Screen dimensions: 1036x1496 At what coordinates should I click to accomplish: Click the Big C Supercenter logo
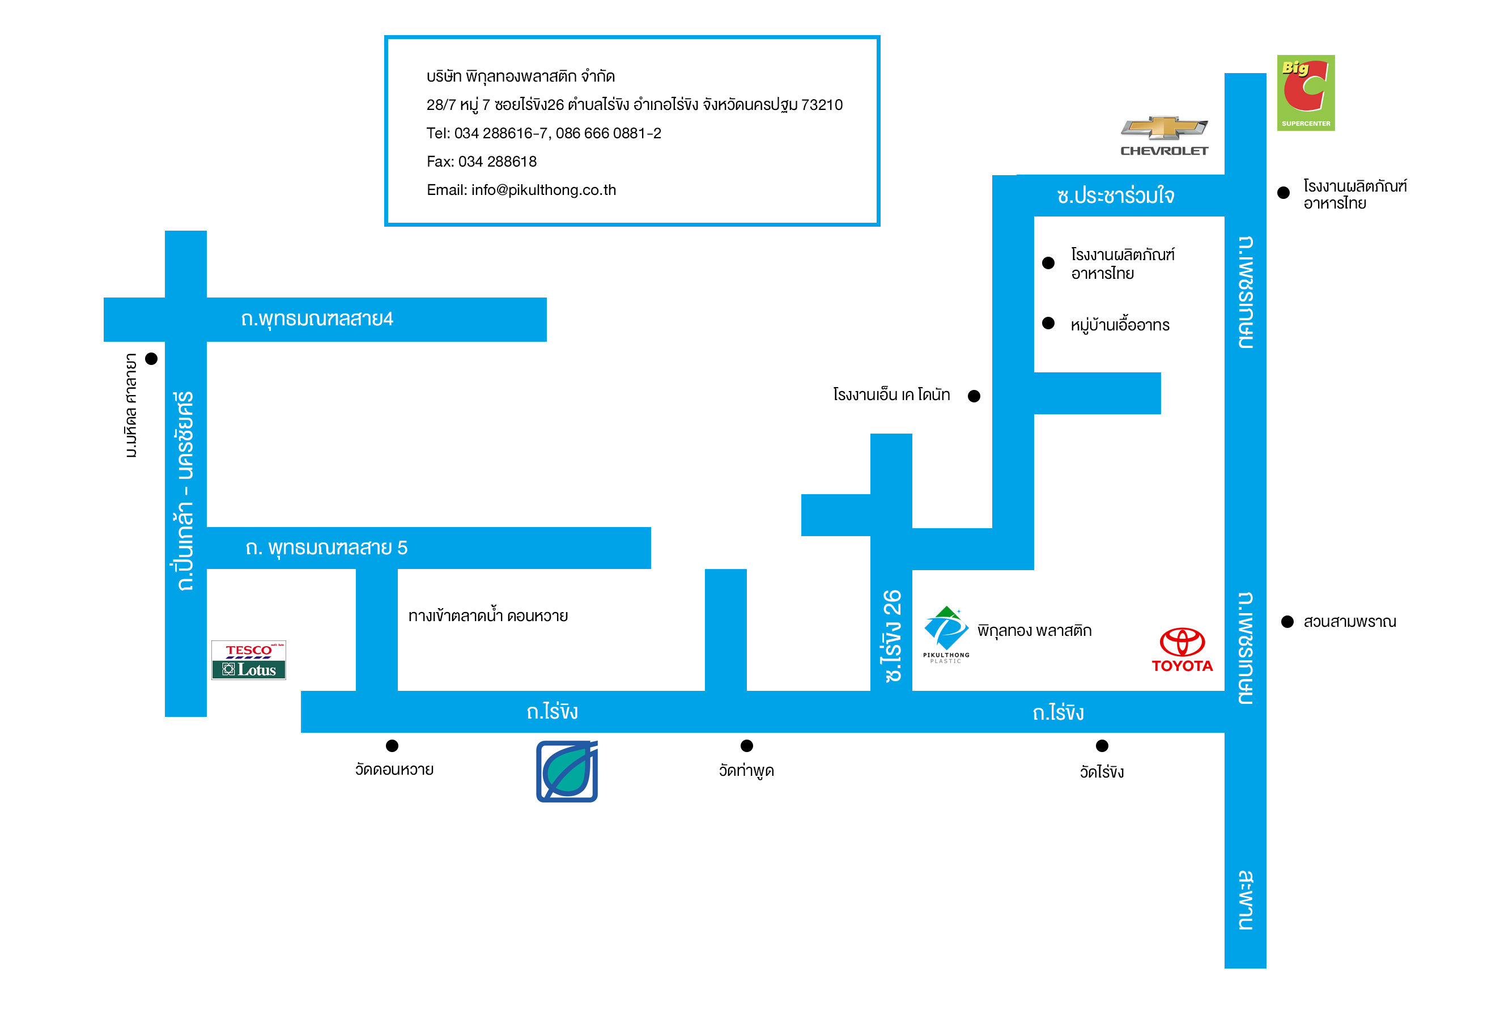coord(1304,93)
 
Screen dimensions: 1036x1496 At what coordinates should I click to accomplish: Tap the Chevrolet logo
coord(1164,135)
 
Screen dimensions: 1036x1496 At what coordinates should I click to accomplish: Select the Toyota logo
coord(1181,649)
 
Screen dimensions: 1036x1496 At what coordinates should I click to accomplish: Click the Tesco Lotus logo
coord(249,660)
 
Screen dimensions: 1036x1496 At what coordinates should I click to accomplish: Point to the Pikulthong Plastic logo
coord(946,634)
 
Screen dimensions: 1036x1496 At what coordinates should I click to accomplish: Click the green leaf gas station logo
coord(567,771)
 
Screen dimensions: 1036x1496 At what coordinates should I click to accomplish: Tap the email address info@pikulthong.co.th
coord(521,190)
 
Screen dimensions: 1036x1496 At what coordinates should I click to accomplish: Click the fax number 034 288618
coord(481,162)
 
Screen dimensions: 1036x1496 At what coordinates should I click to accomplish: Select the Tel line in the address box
coord(543,133)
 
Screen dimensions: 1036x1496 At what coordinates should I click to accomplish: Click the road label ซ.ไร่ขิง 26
coord(892,635)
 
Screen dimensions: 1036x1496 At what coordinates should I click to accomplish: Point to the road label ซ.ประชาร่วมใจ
coord(1115,196)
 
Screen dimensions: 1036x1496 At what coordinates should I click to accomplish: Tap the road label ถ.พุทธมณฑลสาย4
coord(317,319)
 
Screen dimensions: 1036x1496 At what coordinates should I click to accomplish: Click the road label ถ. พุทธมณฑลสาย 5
coord(326,548)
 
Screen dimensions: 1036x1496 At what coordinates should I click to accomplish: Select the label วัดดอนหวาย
coord(394,769)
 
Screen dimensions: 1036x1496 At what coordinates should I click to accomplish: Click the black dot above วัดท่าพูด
coord(746,745)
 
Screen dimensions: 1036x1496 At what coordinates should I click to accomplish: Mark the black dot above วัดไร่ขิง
coord(1102,745)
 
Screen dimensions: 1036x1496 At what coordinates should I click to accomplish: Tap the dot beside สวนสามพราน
coord(1287,621)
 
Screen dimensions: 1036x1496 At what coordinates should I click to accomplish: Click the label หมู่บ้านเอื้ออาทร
coord(1120,325)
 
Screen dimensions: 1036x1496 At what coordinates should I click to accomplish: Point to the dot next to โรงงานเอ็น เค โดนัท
coord(974,396)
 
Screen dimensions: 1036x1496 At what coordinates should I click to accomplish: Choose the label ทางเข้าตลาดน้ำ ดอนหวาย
coord(487,615)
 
